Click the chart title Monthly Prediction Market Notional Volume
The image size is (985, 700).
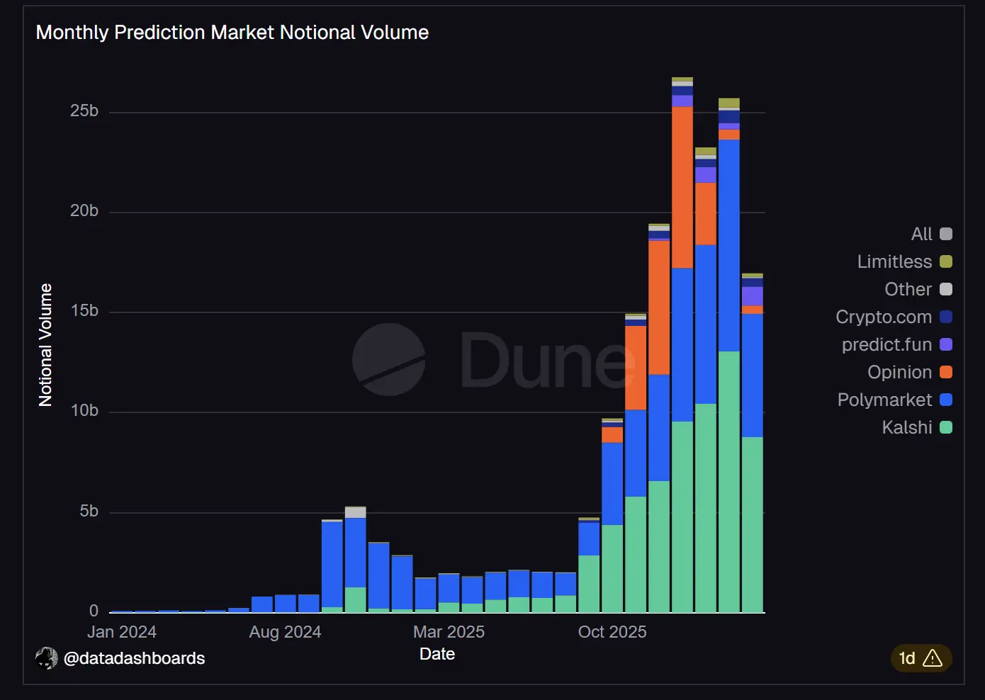[x=232, y=33]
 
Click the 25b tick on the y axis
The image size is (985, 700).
[x=84, y=111]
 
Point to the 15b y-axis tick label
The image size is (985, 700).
[x=84, y=311]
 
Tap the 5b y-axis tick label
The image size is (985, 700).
[x=89, y=511]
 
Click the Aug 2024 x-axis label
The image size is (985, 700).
[x=285, y=632]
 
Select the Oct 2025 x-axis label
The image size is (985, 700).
[x=612, y=632]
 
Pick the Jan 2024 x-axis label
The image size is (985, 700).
[x=122, y=632]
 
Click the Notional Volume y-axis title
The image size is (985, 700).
[x=46, y=345]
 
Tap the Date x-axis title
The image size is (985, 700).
[x=437, y=654]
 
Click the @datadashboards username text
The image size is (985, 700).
[x=134, y=658]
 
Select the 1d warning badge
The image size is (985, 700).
[x=921, y=658]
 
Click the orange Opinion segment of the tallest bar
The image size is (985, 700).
[x=682, y=187]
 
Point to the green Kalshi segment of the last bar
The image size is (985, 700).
[x=753, y=524]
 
